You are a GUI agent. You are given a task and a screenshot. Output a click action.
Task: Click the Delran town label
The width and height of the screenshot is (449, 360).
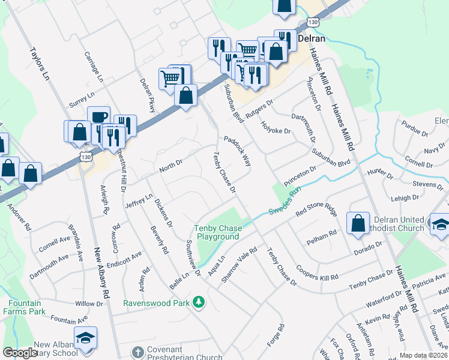pyautogui.click(x=312, y=39)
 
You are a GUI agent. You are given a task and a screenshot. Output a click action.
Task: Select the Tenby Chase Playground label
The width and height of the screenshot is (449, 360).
pyautogui.click(x=217, y=232)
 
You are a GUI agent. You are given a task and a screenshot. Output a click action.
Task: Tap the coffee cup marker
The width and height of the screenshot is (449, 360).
pyautogui.click(x=98, y=116)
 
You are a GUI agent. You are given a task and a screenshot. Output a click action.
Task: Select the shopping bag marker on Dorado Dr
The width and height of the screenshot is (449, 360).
pyautogui.click(x=358, y=224)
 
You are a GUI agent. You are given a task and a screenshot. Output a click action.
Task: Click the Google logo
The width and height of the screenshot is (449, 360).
pyautogui.click(x=20, y=353)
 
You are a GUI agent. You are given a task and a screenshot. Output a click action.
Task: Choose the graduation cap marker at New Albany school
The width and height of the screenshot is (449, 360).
pyautogui.click(x=85, y=338)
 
